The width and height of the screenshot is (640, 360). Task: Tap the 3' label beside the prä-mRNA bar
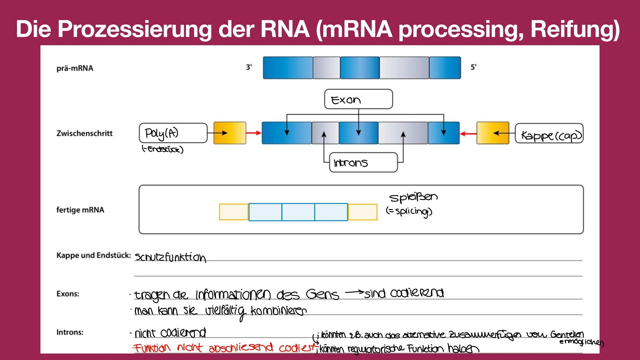249,67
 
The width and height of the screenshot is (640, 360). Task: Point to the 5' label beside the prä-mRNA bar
473,67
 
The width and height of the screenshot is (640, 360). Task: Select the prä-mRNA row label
75,68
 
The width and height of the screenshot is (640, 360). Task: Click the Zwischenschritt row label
84,133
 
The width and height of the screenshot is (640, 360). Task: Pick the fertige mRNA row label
80,210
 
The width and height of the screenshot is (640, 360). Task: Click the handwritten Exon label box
358,99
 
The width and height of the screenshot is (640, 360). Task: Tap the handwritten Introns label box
363,162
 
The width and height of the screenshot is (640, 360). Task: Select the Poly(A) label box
173,133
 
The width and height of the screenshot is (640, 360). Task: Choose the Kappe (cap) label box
549,134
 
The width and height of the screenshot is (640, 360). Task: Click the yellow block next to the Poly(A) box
230,133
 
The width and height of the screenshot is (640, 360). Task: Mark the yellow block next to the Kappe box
493,133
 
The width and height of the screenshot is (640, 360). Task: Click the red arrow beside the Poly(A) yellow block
254,133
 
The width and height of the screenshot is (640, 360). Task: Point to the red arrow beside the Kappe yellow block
468,133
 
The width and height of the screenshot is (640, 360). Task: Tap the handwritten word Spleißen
413,197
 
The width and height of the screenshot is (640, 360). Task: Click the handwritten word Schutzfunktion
170,257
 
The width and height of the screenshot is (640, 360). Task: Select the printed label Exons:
68,294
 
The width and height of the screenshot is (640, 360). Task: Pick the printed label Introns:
70,332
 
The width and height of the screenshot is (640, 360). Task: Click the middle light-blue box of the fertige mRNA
298,212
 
